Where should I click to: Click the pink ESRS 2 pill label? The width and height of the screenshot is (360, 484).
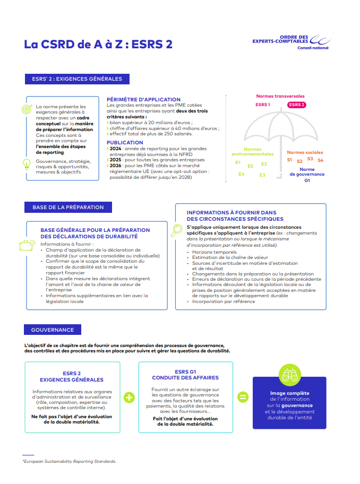(297, 105)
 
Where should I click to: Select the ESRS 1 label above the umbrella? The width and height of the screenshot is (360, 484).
(263, 105)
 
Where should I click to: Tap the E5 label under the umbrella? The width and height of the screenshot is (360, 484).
(250, 166)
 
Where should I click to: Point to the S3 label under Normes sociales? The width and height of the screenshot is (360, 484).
(310, 159)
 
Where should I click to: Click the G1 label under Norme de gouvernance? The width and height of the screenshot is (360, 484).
(307, 180)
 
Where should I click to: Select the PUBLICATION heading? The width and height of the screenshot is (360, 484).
(125, 143)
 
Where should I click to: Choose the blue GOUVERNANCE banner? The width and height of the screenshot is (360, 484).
(52, 330)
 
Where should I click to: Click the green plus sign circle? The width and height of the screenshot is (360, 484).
(129, 397)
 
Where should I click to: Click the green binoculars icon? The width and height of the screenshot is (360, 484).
(289, 376)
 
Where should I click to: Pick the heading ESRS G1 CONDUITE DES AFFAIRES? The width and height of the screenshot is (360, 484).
(185, 375)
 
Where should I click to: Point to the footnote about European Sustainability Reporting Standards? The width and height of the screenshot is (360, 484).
(69, 461)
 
